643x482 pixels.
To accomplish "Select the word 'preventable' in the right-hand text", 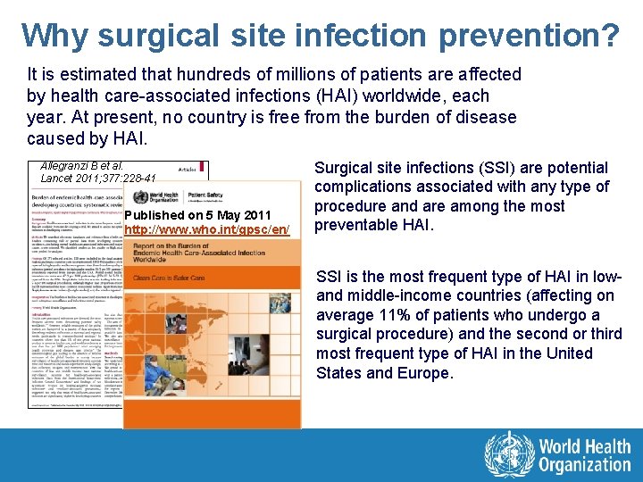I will tap(357, 225).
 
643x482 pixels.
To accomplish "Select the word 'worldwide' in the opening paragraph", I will tap(388, 96).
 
